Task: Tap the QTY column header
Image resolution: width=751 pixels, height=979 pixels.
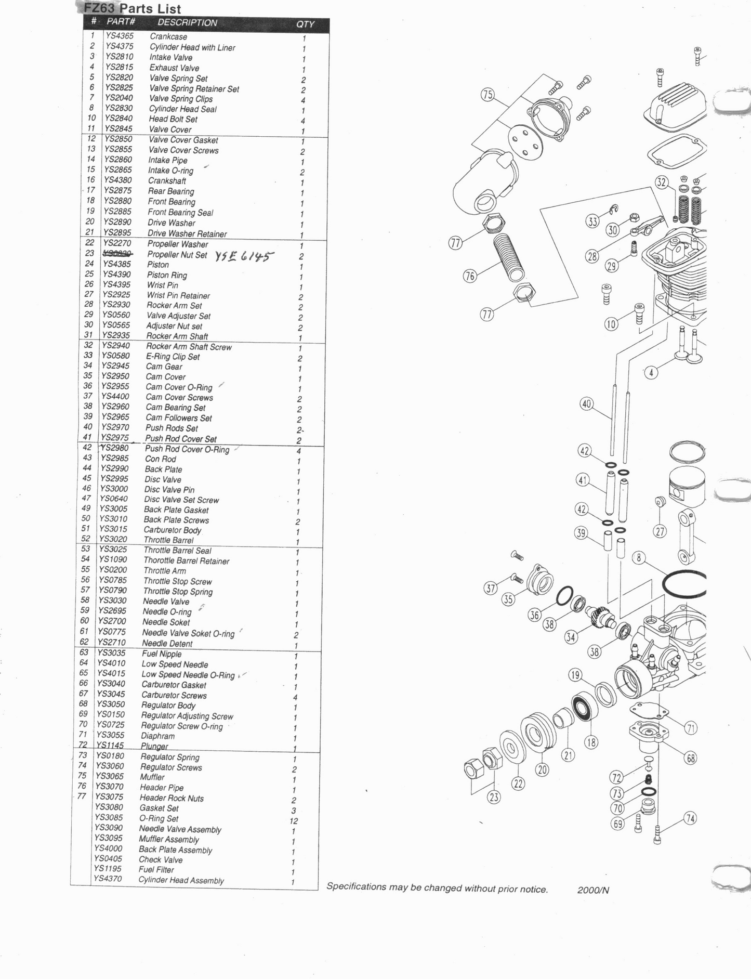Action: click(x=305, y=24)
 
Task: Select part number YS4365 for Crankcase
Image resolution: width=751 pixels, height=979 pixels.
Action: click(x=120, y=36)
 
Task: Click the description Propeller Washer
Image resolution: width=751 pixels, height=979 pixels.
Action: click(x=177, y=244)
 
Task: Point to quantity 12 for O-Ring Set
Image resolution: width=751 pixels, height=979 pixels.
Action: click(x=294, y=820)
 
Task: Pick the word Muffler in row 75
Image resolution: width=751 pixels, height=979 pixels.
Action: click(x=152, y=777)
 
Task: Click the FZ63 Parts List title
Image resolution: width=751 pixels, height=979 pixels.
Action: click(x=133, y=8)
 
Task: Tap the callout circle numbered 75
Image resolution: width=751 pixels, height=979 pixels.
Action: click(x=487, y=95)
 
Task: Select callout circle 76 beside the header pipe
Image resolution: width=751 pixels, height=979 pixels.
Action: click(x=470, y=276)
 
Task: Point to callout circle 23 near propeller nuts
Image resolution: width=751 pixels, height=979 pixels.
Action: click(x=494, y=797)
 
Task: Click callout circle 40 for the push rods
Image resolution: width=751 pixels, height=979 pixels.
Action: click(x=587, y=404)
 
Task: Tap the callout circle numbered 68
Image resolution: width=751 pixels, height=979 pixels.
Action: click(x=690, y=759)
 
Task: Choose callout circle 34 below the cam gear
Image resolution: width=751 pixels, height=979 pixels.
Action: click(x=571, y=637)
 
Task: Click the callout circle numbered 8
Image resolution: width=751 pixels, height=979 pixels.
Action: click(x=639, y=558)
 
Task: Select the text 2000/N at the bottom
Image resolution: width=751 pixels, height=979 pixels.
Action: click(x=593, y=890)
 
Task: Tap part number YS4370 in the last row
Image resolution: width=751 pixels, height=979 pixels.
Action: click(x=108, y=879)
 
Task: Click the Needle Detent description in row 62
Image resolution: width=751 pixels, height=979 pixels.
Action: click(x=167, y=643)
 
